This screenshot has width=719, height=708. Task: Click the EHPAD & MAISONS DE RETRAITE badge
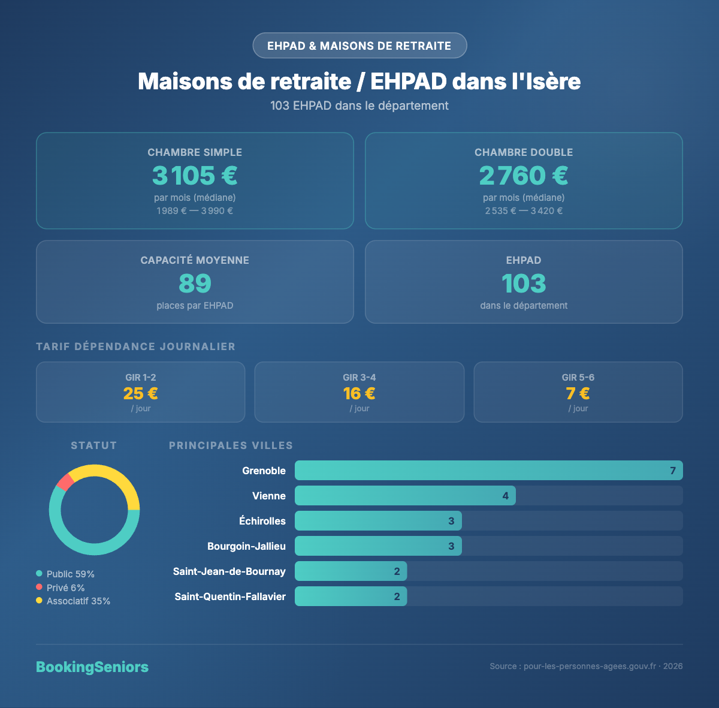click(359, 46)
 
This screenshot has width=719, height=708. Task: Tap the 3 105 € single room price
click(195, 176)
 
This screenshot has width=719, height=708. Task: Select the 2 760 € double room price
click(524, 176)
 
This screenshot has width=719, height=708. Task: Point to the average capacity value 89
click(195, 284)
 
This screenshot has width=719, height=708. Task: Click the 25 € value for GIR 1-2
click(141, 393)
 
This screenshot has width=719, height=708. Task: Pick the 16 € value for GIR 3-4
click(359, 393)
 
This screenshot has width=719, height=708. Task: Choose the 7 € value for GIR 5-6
click(578, 393)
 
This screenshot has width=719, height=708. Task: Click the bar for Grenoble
click(488, 471)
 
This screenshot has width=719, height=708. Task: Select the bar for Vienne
click(405, 496)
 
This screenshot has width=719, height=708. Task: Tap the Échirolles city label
click(262, 521)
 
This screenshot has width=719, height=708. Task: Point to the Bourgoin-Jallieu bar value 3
click(451, 546)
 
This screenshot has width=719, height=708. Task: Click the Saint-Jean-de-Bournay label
click(229, 571)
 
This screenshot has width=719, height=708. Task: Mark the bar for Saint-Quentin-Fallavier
click(351, 596)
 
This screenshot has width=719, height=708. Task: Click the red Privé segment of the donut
click(65, 481)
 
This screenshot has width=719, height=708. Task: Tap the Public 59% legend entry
click(65, 574)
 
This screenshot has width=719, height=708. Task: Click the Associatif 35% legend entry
click(73, 601)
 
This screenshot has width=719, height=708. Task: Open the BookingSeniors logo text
click(92, 667)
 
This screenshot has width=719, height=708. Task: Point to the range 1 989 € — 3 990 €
click(195, 211)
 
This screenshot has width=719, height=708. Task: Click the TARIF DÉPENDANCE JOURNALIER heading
click(136, 347)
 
